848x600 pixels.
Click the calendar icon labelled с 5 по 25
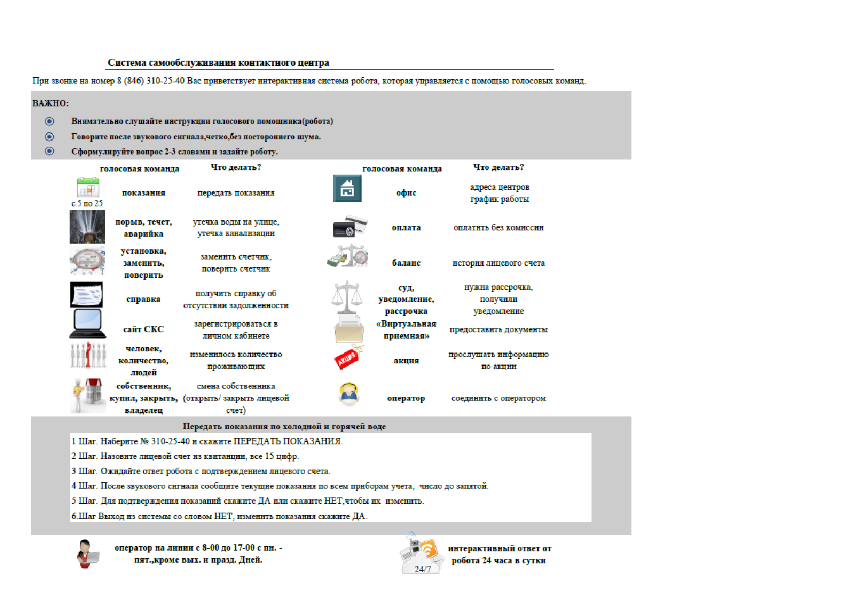[88, 188]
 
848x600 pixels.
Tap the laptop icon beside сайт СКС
[87, 323]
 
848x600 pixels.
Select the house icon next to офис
[347, 189]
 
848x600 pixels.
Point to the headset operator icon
[348, 394]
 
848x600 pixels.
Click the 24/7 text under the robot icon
[422, 569]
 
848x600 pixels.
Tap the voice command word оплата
[406, 228]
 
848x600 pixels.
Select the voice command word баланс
[406, 263]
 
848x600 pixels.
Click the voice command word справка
[143, 299]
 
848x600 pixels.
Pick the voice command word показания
[144, 193]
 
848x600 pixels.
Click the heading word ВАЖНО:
[51, 103]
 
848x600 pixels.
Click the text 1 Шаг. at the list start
[84, 442]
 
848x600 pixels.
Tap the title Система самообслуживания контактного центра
[218, 63]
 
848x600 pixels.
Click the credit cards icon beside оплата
[350, 227]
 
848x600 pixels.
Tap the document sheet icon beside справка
[86, 295]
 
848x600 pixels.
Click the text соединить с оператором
[498, 399]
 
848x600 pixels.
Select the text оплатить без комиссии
[498, 228]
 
